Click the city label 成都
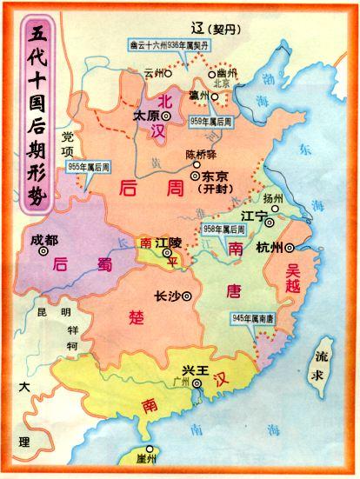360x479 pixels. click(43, 239)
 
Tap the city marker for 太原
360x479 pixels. click(166, 115)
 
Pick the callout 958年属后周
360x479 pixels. click(222, 229)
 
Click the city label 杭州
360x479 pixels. click(270, 248)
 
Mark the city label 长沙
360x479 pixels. click(166, 295)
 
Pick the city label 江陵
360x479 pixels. click(167, 245)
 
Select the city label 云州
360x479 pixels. click(154, 73)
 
